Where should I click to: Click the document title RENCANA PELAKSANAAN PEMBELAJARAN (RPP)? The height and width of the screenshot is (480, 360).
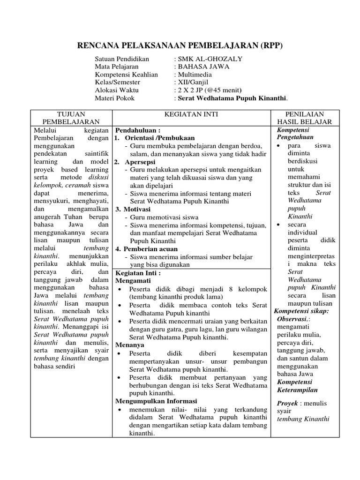(x=180, y=45)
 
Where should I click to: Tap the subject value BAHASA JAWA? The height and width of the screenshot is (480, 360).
(x=203, y=67)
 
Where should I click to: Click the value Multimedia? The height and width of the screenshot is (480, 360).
(x=194, y=75)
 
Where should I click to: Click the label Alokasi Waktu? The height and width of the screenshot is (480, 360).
(x=117, y=90)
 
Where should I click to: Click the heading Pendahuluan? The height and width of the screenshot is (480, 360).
(x=138, y=130)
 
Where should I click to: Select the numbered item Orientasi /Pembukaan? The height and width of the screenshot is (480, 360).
(x=157, y=138)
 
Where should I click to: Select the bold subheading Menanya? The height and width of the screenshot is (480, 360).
(x=130, y=345)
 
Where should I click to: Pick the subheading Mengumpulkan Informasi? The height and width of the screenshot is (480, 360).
(x=156, y=401)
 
